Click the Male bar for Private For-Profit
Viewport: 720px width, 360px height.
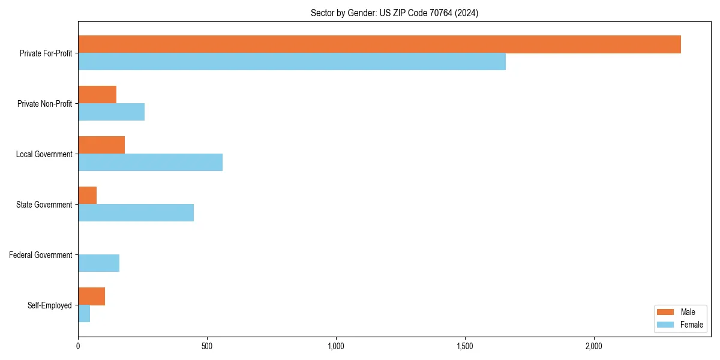(379, 44)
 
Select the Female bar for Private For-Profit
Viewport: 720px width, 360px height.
(292, 62)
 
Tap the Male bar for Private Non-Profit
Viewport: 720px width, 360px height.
(97, 95)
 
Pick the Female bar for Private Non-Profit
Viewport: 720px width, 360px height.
(111, 112)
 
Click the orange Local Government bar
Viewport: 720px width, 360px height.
(101, 145)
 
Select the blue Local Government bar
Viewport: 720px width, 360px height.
(150, 163)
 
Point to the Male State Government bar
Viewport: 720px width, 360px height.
(88, 196)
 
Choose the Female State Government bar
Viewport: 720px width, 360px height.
(136, 213)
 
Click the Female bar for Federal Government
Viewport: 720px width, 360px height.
(98, 263)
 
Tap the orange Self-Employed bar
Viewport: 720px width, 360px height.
(91, 296)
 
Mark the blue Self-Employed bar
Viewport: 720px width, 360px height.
(84, 314)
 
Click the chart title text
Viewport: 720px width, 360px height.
(394, 13)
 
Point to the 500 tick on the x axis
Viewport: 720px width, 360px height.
(206, 347)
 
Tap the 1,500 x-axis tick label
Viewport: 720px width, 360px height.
(464, 347)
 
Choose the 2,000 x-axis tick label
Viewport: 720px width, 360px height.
(593, 347)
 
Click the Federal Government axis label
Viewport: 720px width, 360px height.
(40, 255)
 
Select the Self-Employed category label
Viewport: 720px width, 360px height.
(49, 305)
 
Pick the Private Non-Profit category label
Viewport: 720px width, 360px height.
(44, 104)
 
